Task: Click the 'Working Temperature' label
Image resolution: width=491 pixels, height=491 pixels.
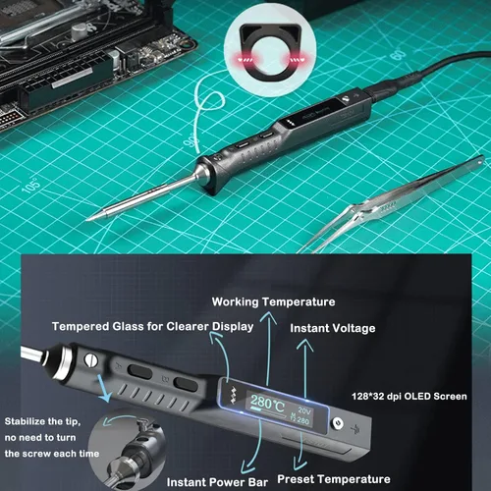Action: [x=273, y=301]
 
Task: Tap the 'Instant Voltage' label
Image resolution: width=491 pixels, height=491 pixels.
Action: [x=333, y=328]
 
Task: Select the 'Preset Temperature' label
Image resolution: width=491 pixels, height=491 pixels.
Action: [x=334, y=479]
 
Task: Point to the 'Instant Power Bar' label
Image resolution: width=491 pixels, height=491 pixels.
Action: [x=217, y=482]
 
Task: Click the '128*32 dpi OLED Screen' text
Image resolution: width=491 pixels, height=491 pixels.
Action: [x=409, y=397]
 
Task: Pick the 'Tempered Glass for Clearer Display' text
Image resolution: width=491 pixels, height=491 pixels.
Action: [x=152, y=327]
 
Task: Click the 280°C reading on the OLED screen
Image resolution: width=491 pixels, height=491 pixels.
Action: [x=267, y=403]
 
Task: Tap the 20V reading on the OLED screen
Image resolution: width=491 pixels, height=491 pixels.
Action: [x=304, y=410]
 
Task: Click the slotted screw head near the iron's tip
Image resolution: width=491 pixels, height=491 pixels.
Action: [x=91, y=360]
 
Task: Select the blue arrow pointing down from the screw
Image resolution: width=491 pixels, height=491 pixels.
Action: [x=103, y=389]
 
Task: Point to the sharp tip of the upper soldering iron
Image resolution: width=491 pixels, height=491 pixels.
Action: [x=87, y=220]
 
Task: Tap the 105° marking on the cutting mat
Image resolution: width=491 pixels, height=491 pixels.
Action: [x=31, y=185]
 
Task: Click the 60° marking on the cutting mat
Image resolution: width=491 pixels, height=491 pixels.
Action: [x=398, y=54]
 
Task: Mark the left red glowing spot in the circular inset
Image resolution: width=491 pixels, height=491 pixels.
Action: [x=245, y=60]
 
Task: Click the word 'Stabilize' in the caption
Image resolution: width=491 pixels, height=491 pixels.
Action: [x=23, y=421]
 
